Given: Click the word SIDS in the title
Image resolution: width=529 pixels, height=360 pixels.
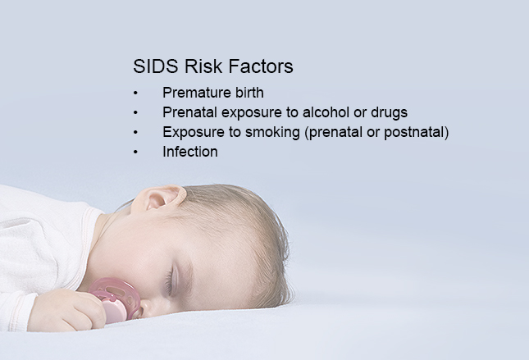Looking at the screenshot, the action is click(155, 66).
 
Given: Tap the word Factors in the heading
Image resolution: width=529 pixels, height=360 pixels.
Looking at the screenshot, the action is click(261, 66).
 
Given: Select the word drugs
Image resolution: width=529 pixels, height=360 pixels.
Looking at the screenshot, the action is click(390, 113).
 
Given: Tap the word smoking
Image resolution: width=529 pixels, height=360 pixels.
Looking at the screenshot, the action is click(272, 133).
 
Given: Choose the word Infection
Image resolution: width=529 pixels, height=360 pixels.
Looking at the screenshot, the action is click(190, 152).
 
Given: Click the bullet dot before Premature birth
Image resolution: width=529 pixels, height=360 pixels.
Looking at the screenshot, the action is click(135, 93).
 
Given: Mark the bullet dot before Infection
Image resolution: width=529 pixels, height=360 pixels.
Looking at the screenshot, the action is click(135, 153).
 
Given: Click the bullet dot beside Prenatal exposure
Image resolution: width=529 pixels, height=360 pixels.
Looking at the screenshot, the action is click(135, 112).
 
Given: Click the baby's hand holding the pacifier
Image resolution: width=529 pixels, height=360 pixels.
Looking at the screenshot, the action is click(69, 311).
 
